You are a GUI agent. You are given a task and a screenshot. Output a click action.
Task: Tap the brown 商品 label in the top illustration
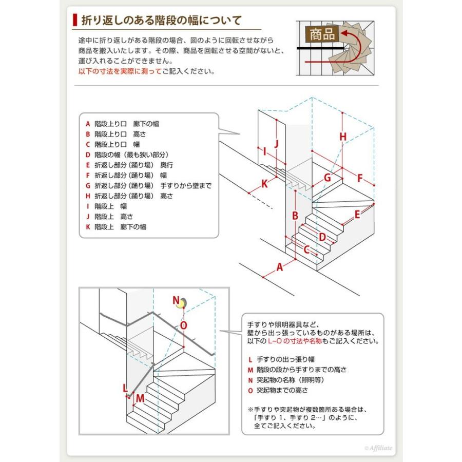tap(321, 34)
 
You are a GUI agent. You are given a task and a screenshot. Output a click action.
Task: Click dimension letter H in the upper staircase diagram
tap(343, 136)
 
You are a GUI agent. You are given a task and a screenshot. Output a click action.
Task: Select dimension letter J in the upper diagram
tap(276, 144)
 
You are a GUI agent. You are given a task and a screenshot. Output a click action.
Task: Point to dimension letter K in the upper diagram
tap(264, 184)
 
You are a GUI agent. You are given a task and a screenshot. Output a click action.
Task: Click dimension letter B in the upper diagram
tap(295, 216)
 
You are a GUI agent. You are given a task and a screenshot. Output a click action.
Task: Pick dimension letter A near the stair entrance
tap(280, 266)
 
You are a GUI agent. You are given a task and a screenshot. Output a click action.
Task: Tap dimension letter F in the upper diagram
tap(360, 178)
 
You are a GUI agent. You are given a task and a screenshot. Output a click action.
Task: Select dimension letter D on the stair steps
tap(322, 237)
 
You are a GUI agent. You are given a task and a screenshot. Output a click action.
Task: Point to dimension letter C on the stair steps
tap(306, 250)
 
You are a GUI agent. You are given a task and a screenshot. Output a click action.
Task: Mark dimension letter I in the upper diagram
tap(264, 151)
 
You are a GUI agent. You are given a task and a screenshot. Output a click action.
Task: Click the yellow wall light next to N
tap(181, 304)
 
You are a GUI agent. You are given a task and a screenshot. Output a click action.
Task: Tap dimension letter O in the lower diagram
tap(184, 325)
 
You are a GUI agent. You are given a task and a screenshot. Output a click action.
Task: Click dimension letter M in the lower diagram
tap(140, 397)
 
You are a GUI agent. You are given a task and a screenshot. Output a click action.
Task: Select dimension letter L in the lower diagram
tap(125, 388)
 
